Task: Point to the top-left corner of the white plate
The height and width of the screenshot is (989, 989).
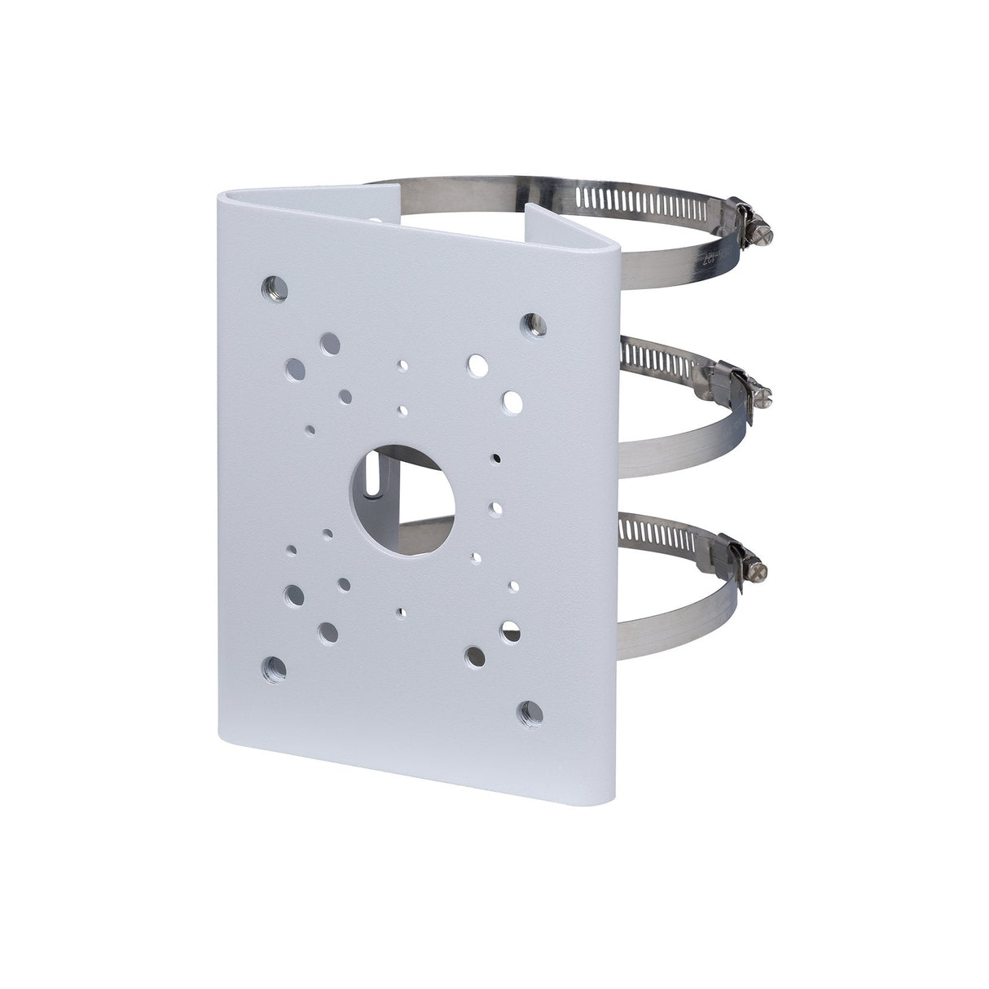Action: click(220, 196)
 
